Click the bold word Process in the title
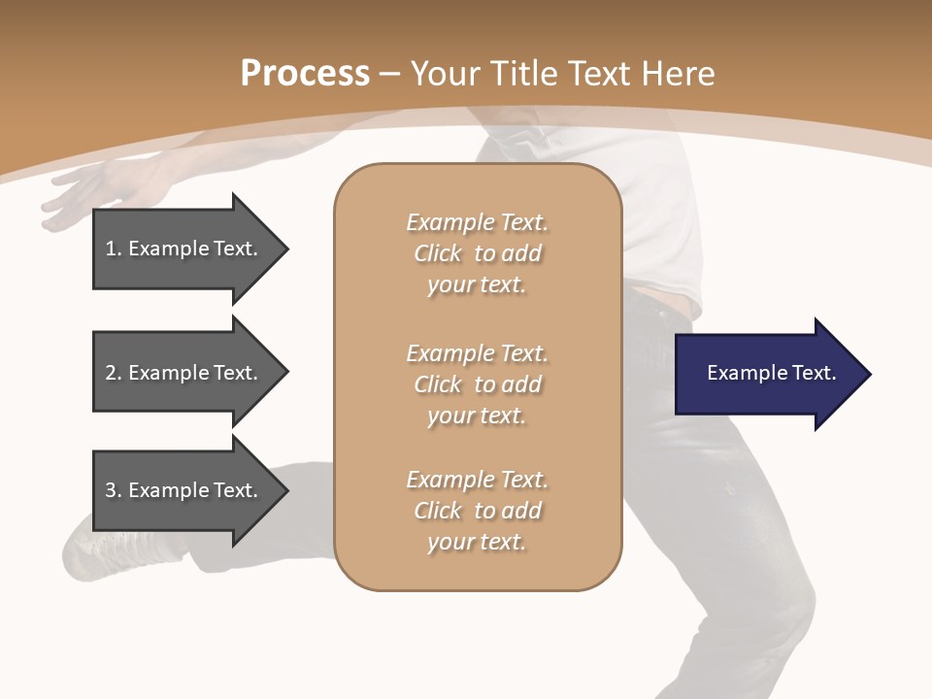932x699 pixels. (305, 74)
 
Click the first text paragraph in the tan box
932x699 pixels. (477, 253)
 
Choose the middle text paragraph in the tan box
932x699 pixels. (477, 384)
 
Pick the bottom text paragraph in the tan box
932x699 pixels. (477, 511)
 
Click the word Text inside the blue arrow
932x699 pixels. (813, 373)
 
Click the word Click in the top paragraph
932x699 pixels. (438, 253)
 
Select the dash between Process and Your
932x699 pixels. (389, 74)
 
